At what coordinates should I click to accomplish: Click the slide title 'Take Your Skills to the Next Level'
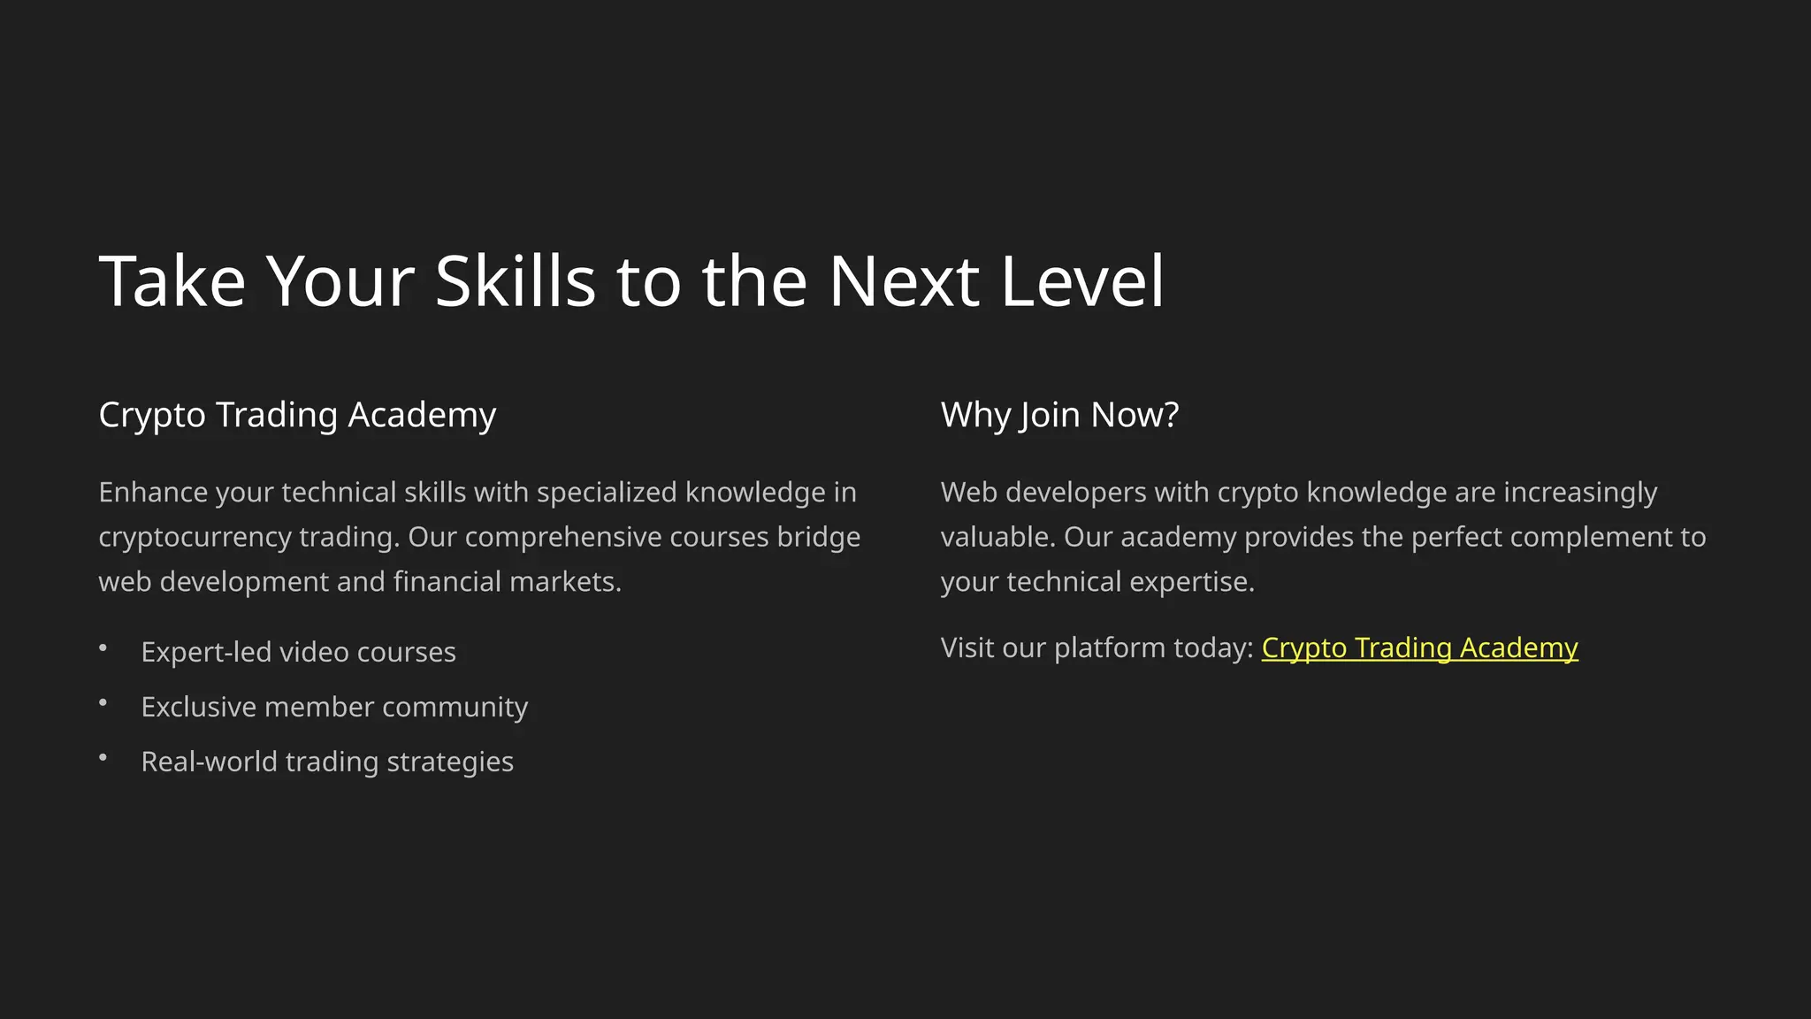pyautogui.click(x=631, y=281)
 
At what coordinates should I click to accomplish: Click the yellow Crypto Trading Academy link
pyautogui.click(x=1419, y=647)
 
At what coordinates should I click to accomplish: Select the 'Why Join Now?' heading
pyautogui.click(x=1059, y=415)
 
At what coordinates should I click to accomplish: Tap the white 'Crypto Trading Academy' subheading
pyautogui.click(x=297, y=415)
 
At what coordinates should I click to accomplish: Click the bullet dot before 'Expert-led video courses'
pyautogui.click(x=103, y=648)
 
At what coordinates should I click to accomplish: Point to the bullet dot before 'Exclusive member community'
pyautogui.click(x=103, y=703)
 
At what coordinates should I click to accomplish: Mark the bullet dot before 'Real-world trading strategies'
pyautogui.click(x=103, y=758)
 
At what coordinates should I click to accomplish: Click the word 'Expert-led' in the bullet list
pyautogui.click(x=206, y=652)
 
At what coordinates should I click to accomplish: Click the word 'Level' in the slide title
pyautogui.click(x=1082, y=281)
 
